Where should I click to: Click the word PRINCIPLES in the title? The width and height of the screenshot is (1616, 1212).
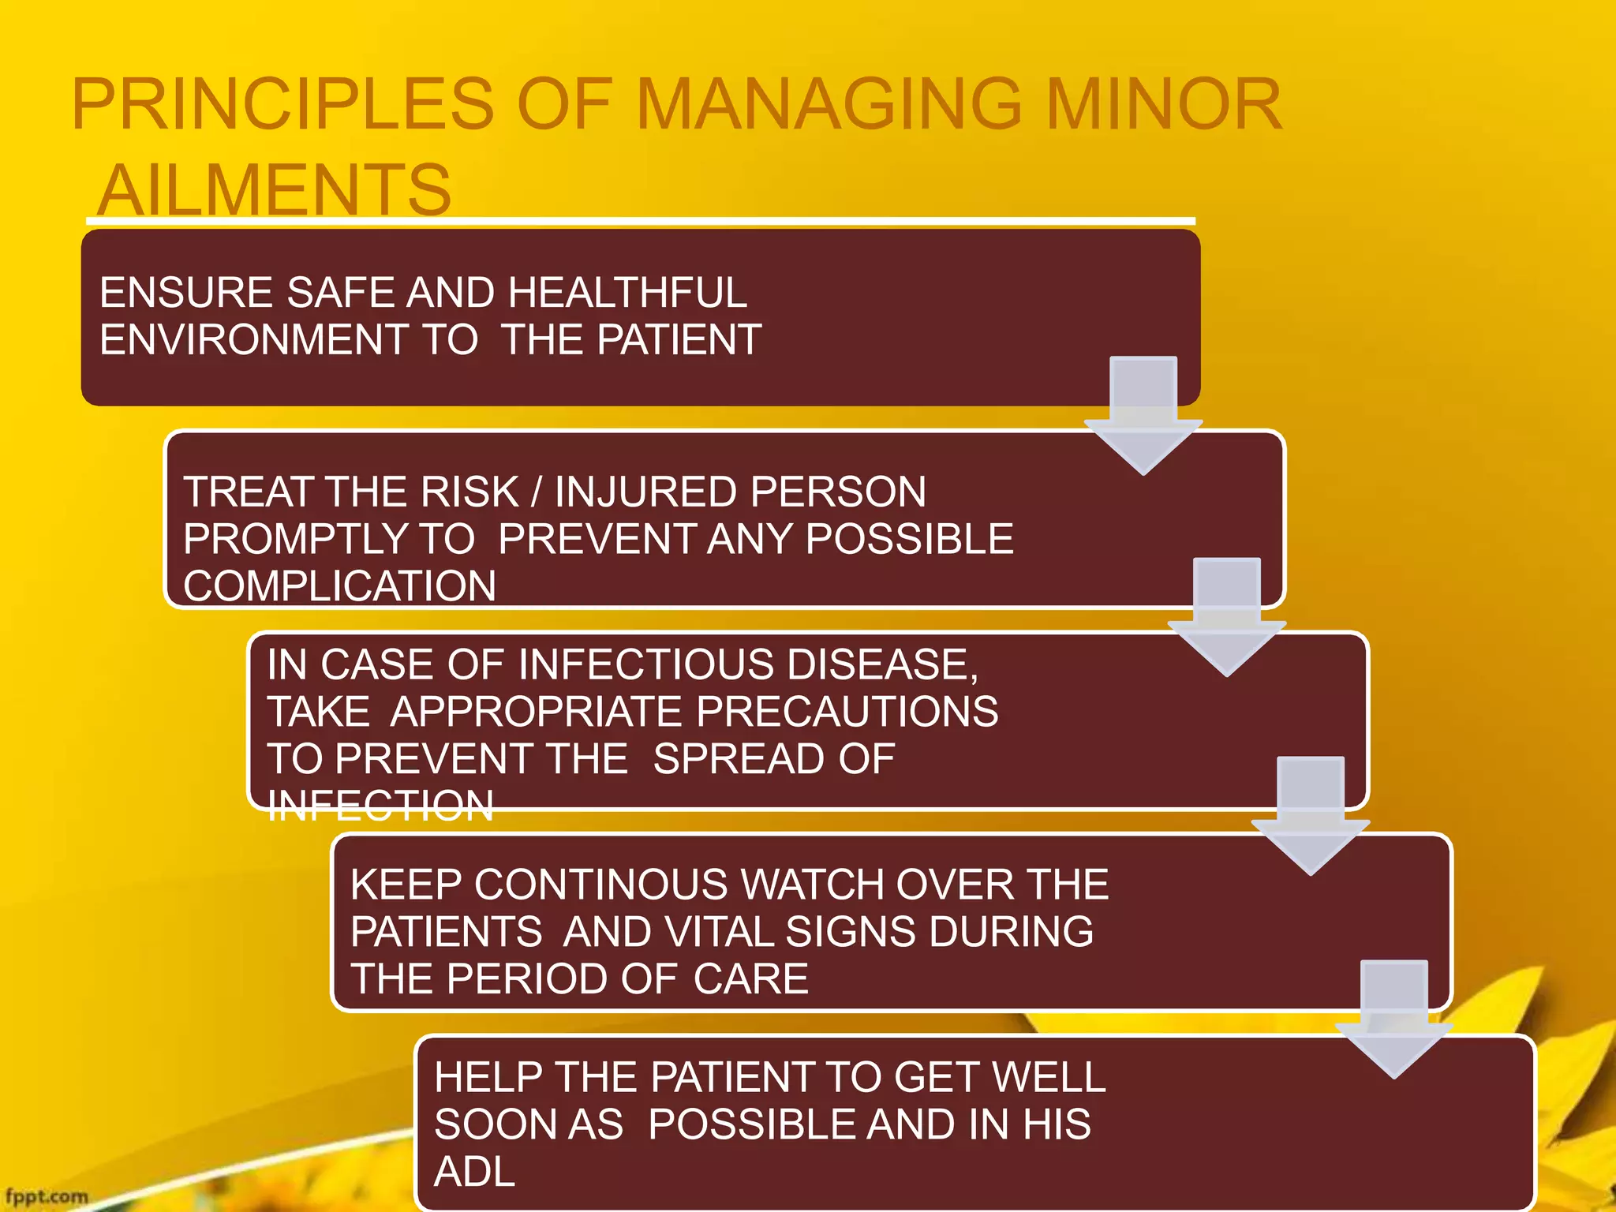282,105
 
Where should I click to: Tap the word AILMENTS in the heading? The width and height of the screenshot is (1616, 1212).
275,190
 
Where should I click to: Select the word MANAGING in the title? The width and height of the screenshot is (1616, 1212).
829,105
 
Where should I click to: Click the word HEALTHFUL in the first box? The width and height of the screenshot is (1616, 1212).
627,293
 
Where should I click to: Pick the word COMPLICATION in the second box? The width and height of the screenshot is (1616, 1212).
339,586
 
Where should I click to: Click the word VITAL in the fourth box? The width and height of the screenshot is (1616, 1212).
720,931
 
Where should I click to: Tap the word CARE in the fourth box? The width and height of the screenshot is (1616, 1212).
751,978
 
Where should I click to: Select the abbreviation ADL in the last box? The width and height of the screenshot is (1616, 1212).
474,1171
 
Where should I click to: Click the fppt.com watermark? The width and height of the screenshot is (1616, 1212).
47,1196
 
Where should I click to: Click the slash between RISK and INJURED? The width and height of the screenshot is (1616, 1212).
537,492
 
